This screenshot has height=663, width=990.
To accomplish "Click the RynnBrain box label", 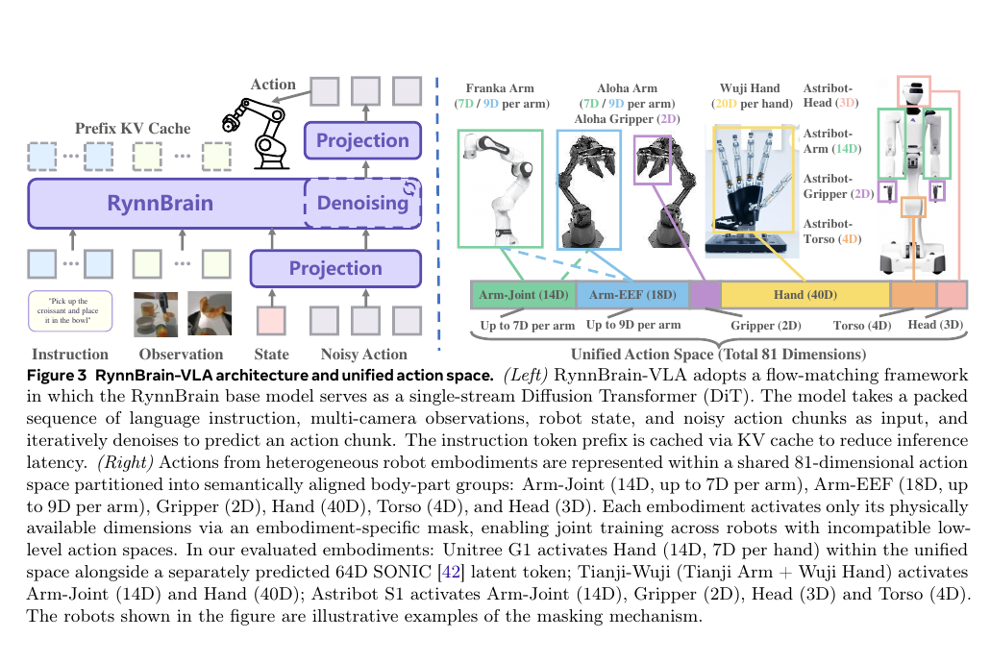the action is [161, 204].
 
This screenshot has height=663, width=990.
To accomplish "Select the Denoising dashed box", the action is [363, 204].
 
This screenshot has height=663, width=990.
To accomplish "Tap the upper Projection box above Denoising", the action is [362, 140].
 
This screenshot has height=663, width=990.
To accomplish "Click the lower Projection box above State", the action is [335, 268].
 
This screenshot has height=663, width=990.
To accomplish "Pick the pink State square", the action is [271, 321].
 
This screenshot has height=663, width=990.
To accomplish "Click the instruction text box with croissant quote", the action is [70, 310].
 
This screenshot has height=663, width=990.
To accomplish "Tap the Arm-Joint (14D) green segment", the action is [524, 295].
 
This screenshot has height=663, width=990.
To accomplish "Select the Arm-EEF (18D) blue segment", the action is [632, 295].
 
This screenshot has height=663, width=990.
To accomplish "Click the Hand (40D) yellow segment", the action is [805, 295].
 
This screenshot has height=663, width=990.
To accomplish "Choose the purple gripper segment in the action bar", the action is [705, 295].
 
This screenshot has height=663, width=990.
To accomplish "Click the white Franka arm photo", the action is [500, 188].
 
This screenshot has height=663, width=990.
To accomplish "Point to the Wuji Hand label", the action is [750, 88].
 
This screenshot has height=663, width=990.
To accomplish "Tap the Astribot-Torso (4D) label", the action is [832, 232].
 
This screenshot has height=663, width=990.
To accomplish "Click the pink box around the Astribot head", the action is [914, 91].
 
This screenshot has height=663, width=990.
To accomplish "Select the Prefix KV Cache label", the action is [133, 128].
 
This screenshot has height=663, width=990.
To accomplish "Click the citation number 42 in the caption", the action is [452, 572].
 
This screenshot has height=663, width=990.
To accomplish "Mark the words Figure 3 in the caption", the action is [56, 376].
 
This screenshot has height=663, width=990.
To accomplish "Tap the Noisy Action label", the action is [363, 355].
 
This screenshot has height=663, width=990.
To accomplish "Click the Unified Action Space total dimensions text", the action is [719, 355].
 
